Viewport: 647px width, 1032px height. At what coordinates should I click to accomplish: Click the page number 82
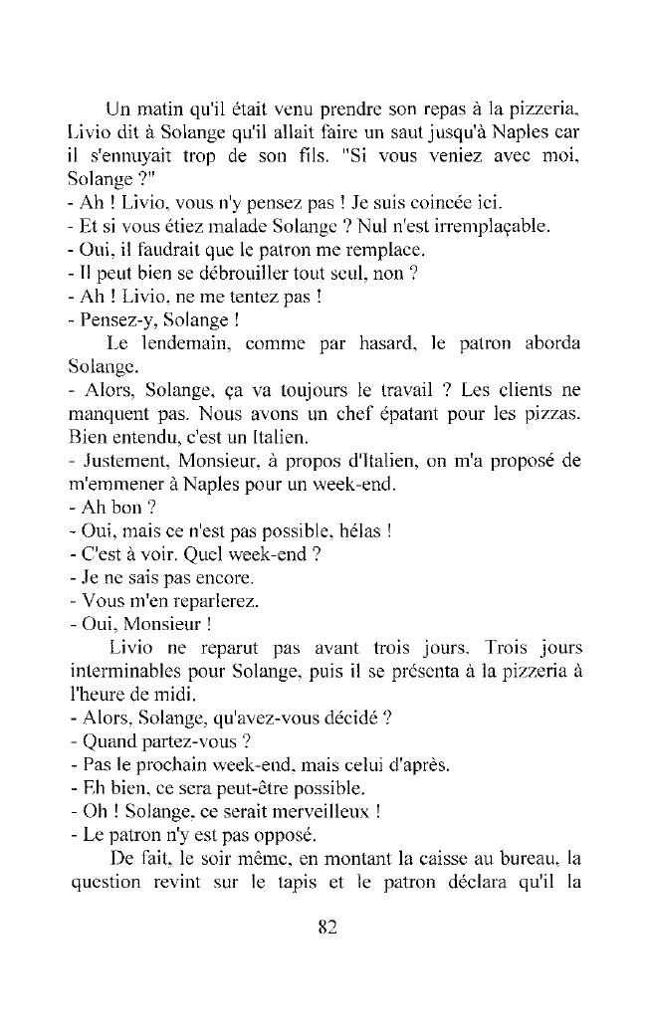click(327, 927)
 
